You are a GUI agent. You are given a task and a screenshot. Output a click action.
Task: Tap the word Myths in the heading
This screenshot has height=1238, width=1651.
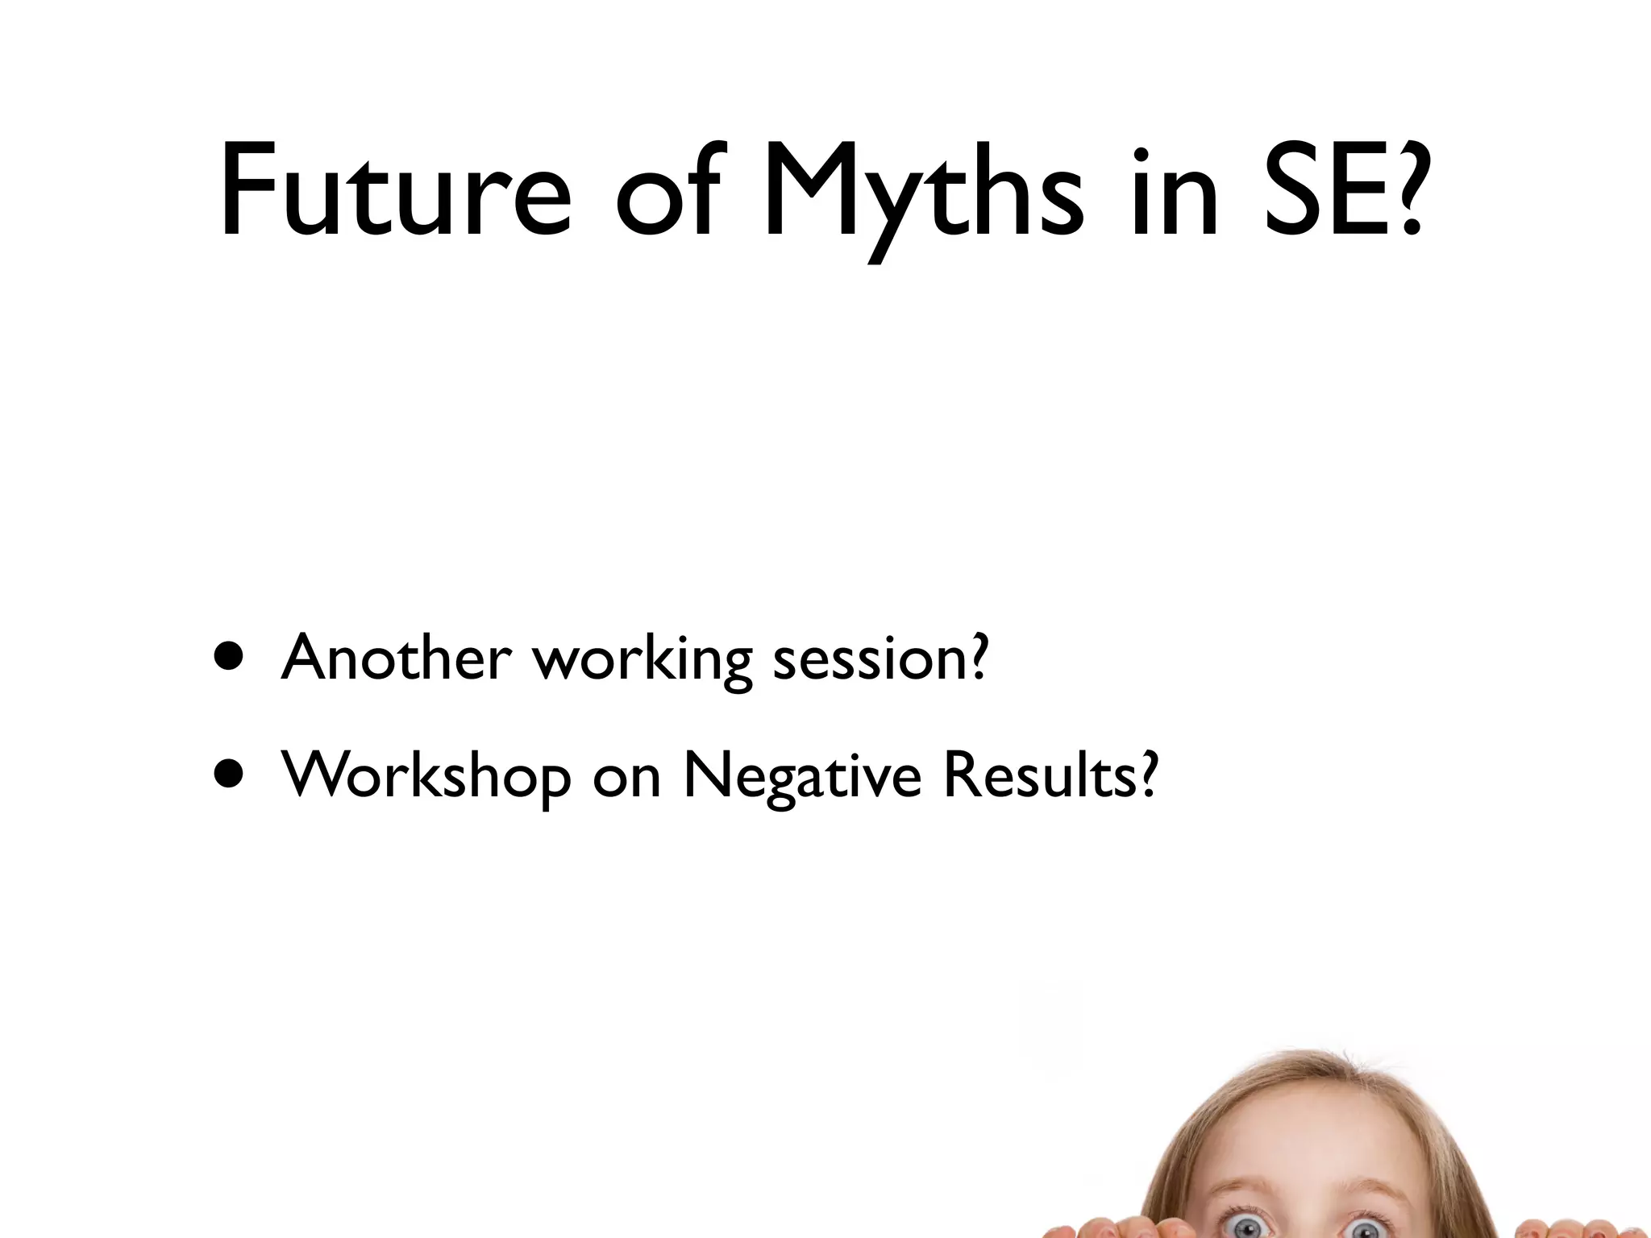coord(923,193)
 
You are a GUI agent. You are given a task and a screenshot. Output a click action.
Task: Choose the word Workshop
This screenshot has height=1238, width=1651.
coord(426,776)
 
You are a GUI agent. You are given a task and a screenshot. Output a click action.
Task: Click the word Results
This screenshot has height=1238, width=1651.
coord(1040,775)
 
